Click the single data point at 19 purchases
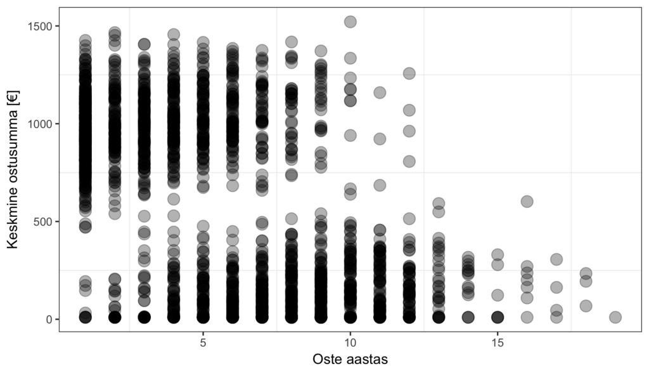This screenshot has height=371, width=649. pos(615,317)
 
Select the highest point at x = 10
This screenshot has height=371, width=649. pos(350,22)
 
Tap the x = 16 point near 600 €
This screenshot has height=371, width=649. pos(527,202)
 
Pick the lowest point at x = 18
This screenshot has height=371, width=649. pos(586,306)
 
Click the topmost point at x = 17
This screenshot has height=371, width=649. pos(556,259)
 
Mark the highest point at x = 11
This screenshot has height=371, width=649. pos(380,93)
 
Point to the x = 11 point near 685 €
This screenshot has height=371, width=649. pos(380,185)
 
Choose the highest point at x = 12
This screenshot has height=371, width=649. pos(409,74)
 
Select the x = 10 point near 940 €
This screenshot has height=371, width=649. pos(350,135)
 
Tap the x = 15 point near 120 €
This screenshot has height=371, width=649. pos(498,295)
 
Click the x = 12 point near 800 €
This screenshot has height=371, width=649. pos(409,161)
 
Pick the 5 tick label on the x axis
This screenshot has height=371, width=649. pos(203,342)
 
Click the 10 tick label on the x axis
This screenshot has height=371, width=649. pos(350,342)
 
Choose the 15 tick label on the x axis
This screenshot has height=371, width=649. pos(498,342)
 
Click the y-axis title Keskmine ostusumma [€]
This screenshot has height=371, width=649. pos(13,169)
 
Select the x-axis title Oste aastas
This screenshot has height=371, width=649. pos(350,359)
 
